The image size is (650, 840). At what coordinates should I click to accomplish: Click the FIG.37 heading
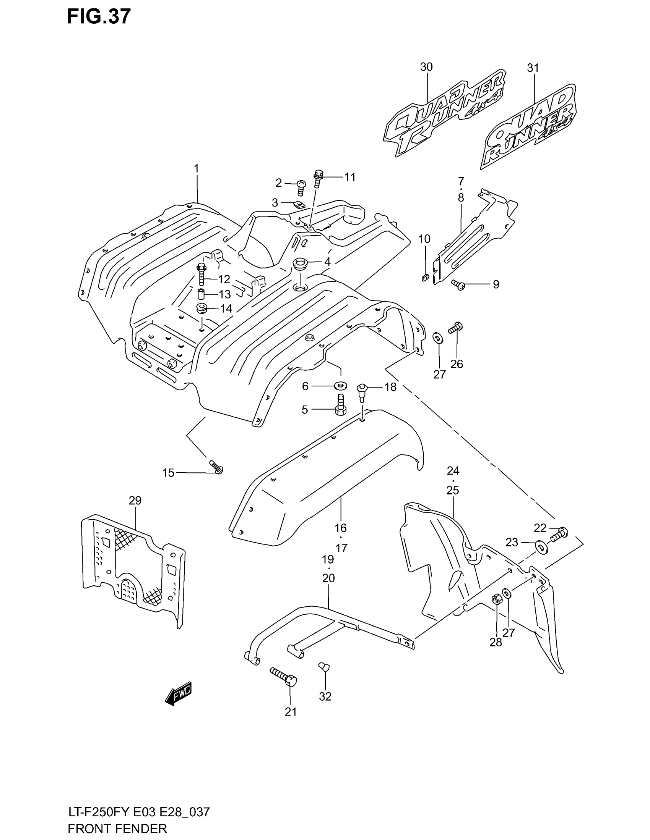[99, 17]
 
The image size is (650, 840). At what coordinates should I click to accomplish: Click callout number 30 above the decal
[426, 67]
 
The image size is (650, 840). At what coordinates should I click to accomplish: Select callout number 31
[533, 68]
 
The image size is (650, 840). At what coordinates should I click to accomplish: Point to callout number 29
[135, 501]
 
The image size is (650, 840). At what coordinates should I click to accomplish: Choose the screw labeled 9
[458, 284]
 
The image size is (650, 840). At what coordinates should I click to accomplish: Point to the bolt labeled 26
[455, 328]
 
